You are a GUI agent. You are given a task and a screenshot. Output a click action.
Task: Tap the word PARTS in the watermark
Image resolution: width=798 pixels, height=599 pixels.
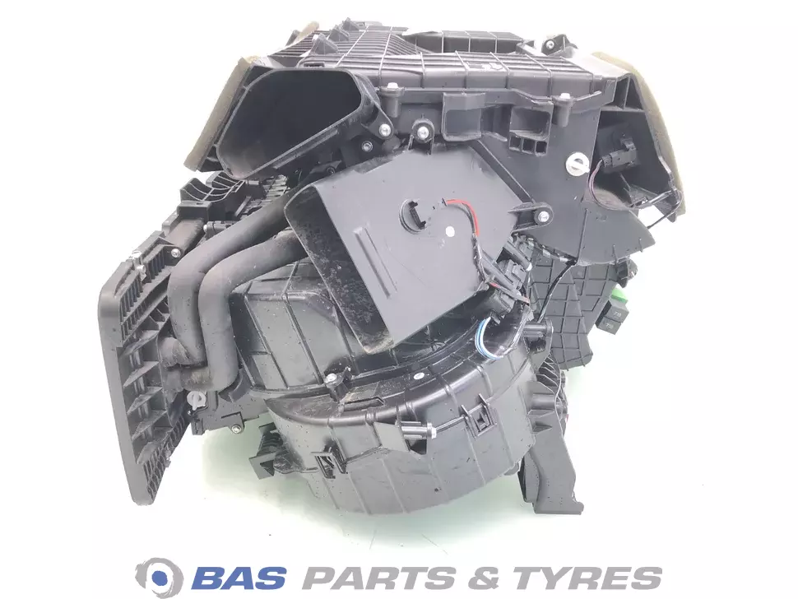point(379,578)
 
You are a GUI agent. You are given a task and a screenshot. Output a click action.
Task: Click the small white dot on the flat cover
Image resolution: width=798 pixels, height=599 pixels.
point(450,230)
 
